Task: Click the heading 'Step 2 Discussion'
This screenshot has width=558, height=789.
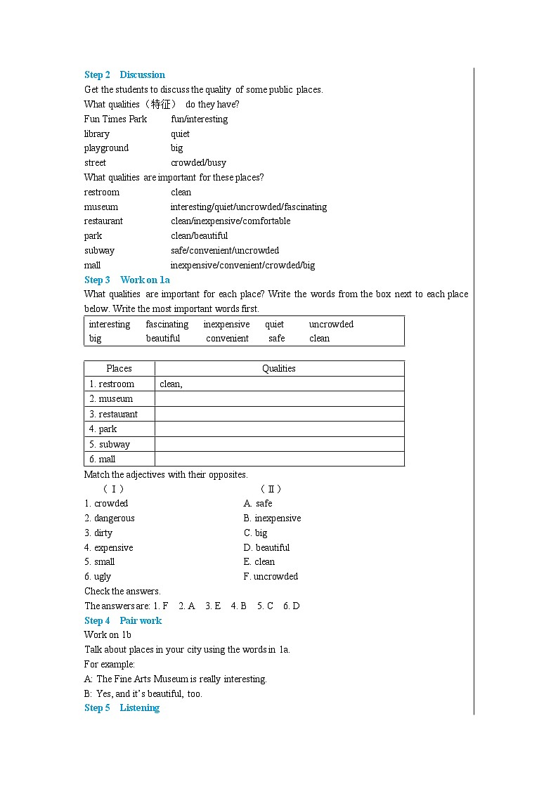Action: pyautogui.click(x=124, y=74)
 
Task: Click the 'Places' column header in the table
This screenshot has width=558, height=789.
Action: pyautogui.click(x=119, y=368)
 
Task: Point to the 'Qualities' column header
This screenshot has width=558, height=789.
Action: pyautogui.click(x=279, y=368)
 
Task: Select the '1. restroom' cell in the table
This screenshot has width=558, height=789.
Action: pyautogui.click(x=111, y=384)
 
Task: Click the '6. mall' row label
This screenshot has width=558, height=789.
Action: pyautogui.click(x=103, y=459)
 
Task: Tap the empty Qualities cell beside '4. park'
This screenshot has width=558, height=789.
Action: pyautogui.click(x=279, y=429)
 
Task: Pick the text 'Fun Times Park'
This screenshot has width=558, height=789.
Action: pyautogui.click(x=115, y=119)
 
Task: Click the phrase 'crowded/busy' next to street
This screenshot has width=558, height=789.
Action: pyautogui.click(x=198, y=162)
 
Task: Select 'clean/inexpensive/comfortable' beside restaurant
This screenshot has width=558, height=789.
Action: pyautogui.click(x=230, y=221)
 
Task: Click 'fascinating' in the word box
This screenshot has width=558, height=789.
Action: pyautogui.click(x=167, y=324)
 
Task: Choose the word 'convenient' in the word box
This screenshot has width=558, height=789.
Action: pyautogui.click(x=227, y=338)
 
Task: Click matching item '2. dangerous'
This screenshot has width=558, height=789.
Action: pyautogui.click(x=110, y=518)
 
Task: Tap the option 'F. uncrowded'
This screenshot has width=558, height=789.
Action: pyautogui.click(x=271, y=576)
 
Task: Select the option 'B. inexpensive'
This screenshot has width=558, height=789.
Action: pyautogui.click(x=272, y=518)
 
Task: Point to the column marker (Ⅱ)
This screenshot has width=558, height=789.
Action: pyautogui.click(x=271, y=489)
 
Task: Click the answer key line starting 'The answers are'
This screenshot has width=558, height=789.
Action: pyautogui.click(x=192, y=606)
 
